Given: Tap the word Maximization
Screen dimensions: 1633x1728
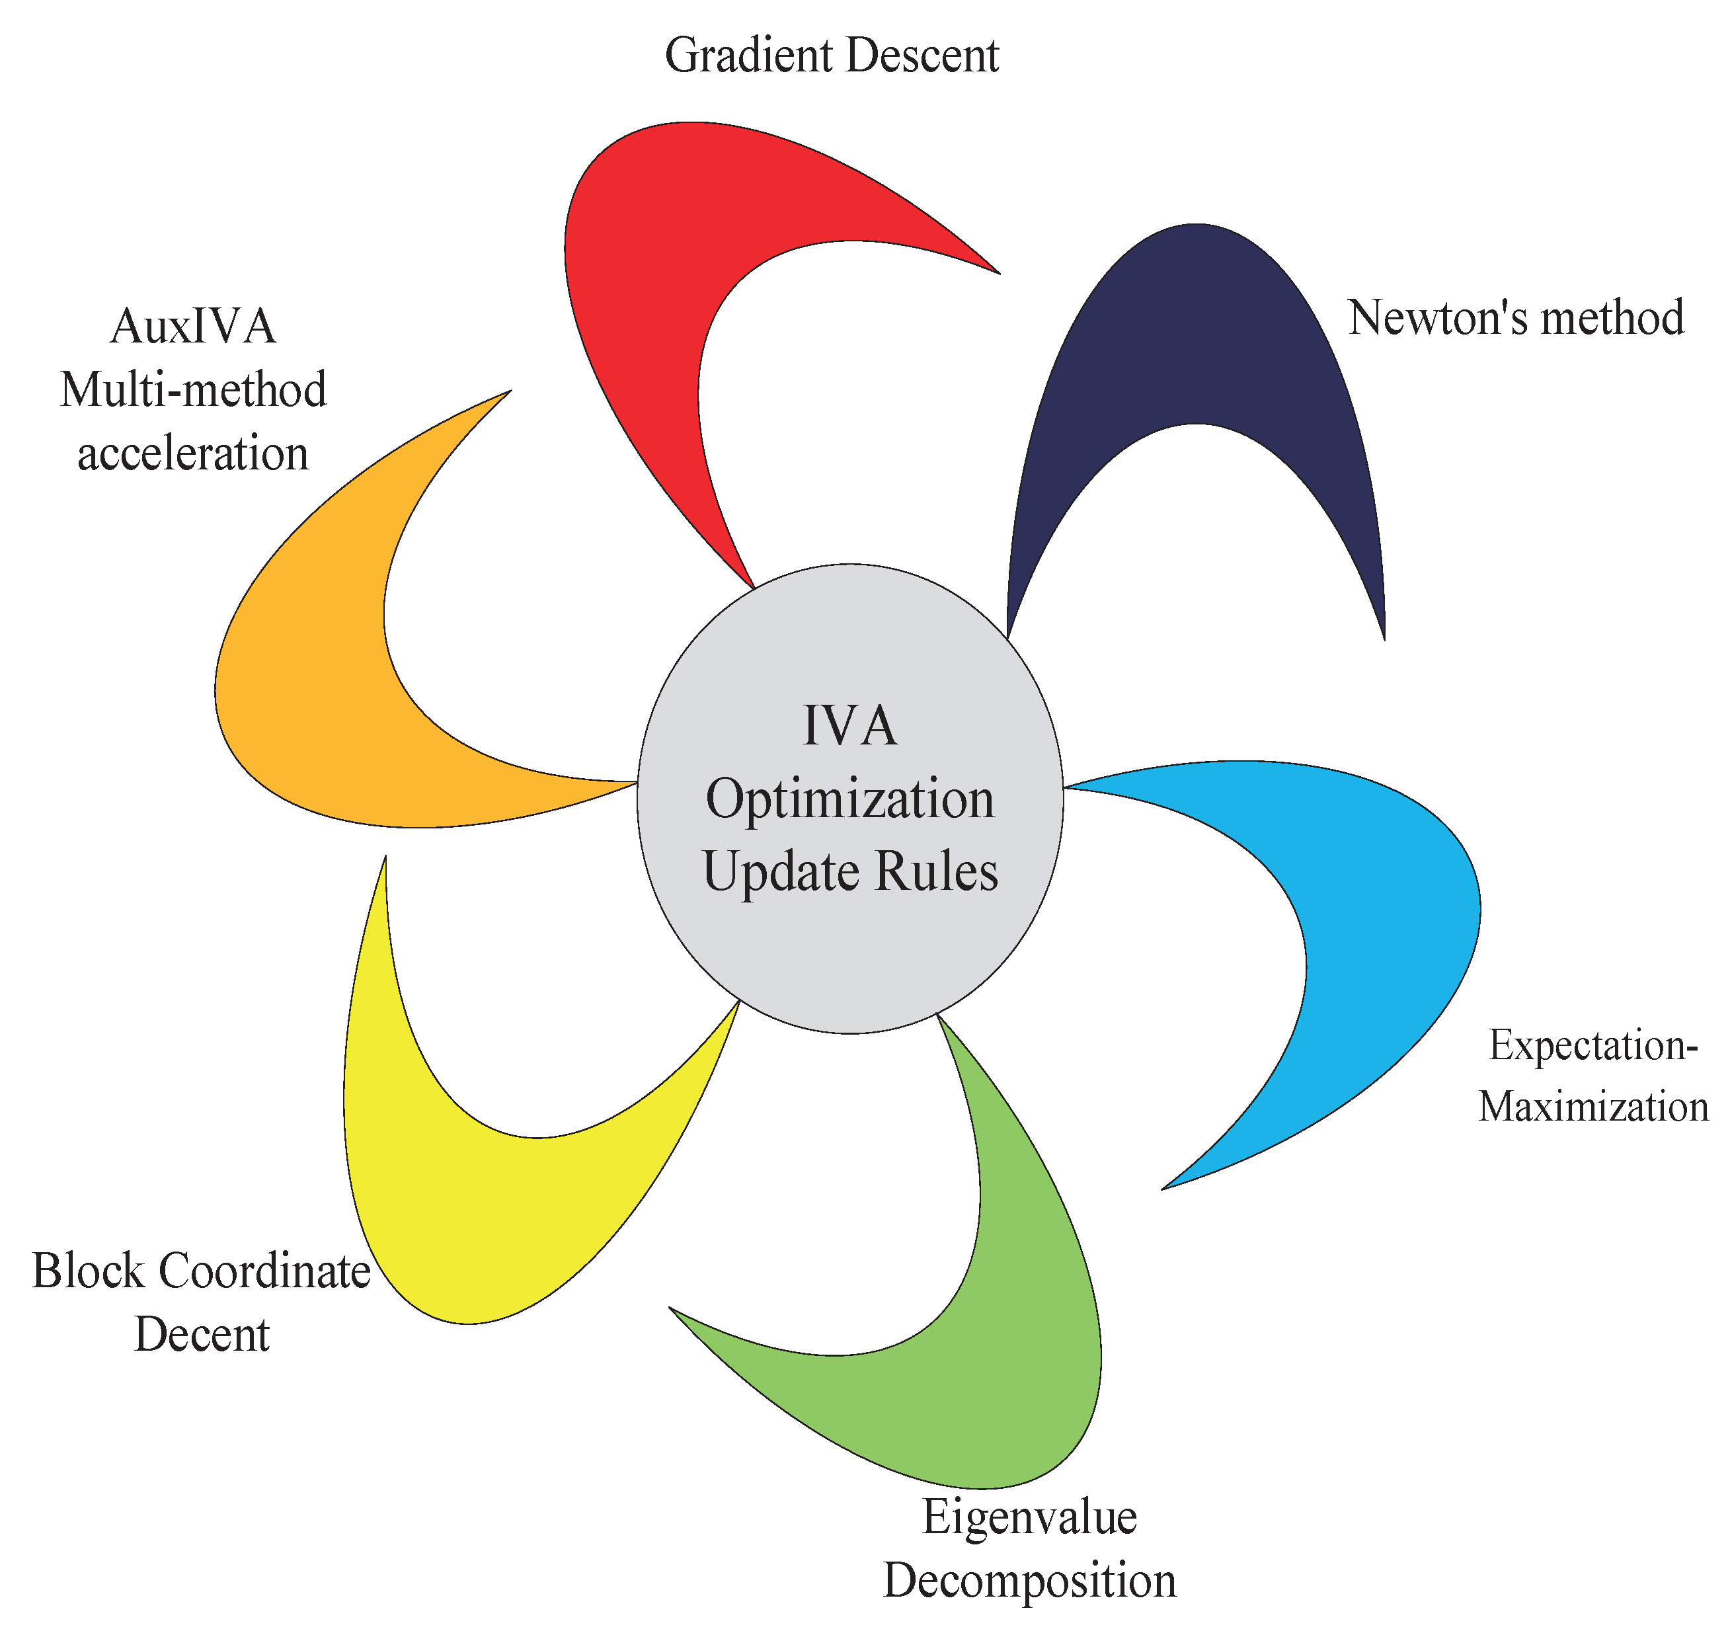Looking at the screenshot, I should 1593,1107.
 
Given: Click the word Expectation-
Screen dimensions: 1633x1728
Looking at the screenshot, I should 1593,1045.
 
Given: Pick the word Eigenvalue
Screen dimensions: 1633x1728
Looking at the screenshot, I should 1029,1517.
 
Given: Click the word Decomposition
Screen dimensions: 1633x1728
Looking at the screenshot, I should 1029,1581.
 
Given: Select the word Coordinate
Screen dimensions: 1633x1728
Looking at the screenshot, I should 266,1271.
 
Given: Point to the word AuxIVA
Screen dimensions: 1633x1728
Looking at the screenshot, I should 193,327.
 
